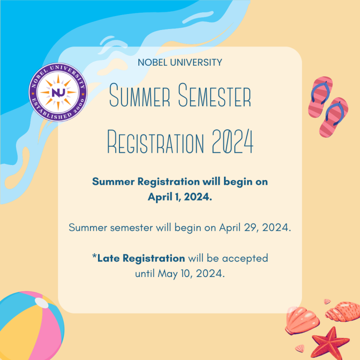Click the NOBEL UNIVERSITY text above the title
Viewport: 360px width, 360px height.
click(x=180, y=62)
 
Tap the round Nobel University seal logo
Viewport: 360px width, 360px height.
click(x=58, y=90)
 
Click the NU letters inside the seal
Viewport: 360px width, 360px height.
click(x=58, y=91)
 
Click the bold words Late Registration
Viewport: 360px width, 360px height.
click(x=141, y=258)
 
